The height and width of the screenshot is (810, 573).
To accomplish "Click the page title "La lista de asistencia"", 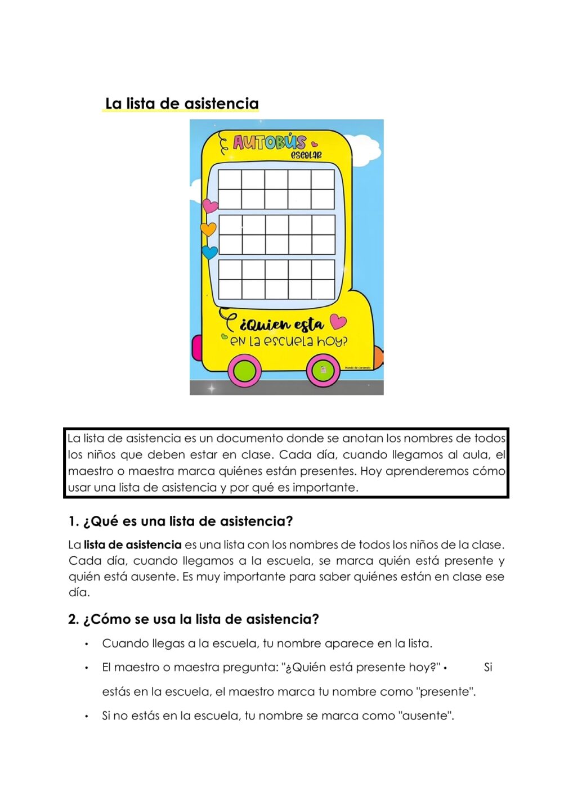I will coord(182,103).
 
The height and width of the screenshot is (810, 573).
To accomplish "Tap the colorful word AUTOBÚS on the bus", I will coord(270,142).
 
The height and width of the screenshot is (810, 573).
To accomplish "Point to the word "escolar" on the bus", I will coord(306,155).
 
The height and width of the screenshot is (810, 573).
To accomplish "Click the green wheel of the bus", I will coord(244,371).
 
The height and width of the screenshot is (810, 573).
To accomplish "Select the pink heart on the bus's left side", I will coord(209,206).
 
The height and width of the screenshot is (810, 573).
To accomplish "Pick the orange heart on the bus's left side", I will coord(208,229).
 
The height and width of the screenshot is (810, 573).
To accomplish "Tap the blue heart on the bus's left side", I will coord(209,253).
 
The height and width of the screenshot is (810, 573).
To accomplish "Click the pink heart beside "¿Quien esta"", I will coord(338,322).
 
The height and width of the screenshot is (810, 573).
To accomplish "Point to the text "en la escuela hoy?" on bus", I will coord(288,341).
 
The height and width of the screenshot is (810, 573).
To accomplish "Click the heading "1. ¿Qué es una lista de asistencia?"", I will coord(181,521).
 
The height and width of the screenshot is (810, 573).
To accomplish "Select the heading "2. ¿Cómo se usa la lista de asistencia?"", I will coord(194,619).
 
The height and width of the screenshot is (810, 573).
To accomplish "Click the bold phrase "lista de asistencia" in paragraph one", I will coord(133,545).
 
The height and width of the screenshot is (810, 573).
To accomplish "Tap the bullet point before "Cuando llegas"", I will coord(86,644).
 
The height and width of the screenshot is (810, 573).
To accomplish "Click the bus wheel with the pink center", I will coord(323,371).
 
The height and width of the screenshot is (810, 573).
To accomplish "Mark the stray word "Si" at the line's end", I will coord(487,668).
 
